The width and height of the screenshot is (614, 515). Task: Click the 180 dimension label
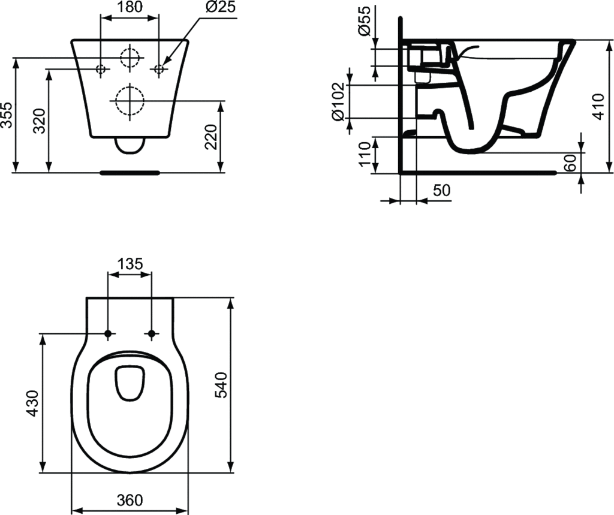click(129, 7)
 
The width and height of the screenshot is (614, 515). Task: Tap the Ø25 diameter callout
click(203, 7)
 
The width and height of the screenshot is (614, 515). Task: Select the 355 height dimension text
click(7, 115)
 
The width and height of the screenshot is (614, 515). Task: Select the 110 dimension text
click(363, 155)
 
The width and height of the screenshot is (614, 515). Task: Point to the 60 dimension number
click(571, 162)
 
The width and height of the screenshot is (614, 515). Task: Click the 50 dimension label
click(441, 190)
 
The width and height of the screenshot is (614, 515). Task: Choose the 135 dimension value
click(129, 264)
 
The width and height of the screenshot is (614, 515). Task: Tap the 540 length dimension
click(220, 385)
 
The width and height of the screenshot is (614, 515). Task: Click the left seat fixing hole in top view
click(108, 333)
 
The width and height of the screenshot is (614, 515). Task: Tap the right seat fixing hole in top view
click(152, 333)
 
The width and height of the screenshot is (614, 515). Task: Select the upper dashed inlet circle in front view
click(129, 58)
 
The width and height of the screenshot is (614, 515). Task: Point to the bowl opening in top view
click(130, 414)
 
